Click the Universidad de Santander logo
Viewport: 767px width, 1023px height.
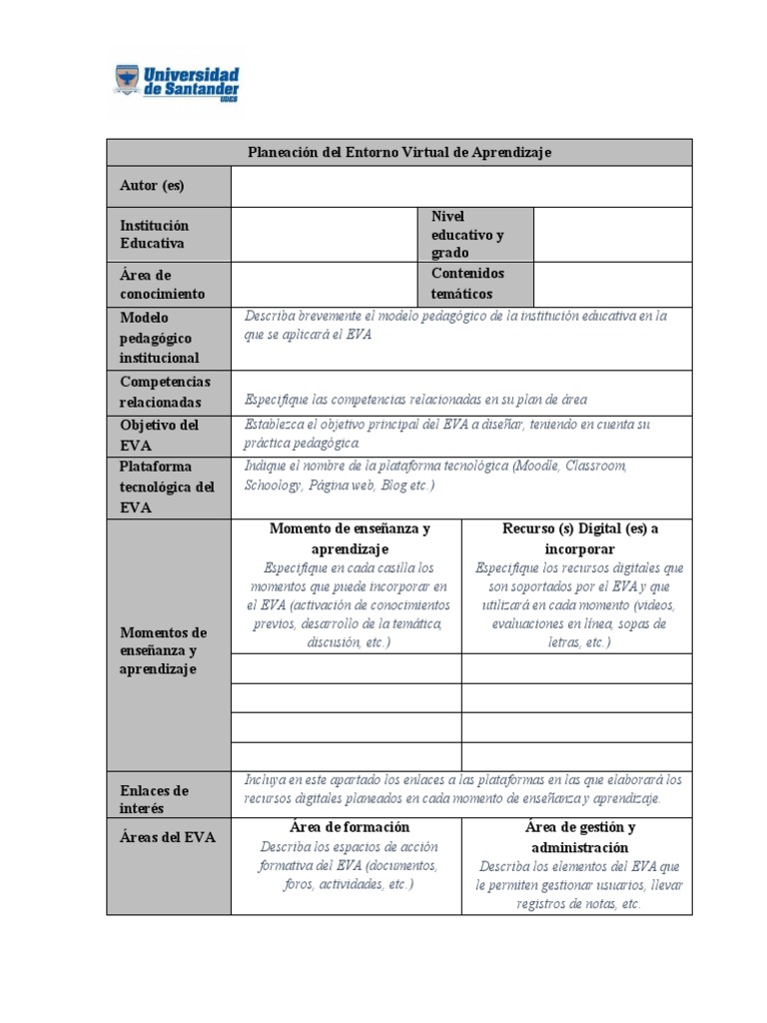[x=177, y=82]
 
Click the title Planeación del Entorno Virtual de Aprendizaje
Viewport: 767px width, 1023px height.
[x=398, y=152]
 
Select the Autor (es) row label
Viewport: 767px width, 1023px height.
[x=152, y=186]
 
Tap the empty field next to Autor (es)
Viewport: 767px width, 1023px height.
[x=460, y=186]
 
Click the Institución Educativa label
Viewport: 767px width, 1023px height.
[x=154, y=235]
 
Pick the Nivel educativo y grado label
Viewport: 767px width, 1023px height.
[x=467, y=235]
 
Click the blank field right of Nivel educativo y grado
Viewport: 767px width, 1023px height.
[x=612, y=235]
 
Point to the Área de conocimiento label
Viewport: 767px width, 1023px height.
[x=162, y=284]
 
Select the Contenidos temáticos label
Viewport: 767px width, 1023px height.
[x=467, y=284]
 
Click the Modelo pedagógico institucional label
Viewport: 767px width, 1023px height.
[x=160, y=338]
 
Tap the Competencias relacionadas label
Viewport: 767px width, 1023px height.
[x=165, y=392]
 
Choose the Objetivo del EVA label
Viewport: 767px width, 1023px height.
[x=160, y=435]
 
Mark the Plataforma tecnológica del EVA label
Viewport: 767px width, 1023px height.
[x=167, y=487]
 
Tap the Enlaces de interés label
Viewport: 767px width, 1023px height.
[x=154, y=799]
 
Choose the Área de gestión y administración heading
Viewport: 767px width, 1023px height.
[x=580, y=837]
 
